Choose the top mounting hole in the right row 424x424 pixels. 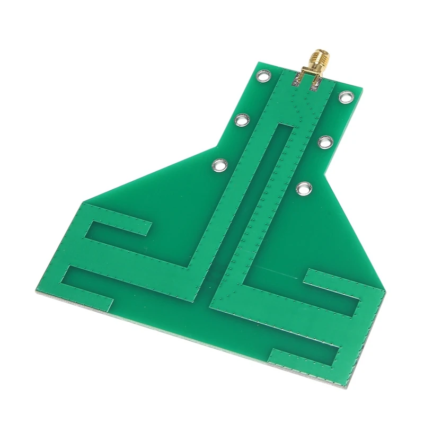click(x=346, y=97)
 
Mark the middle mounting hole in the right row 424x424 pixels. click(x=324, y=142)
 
